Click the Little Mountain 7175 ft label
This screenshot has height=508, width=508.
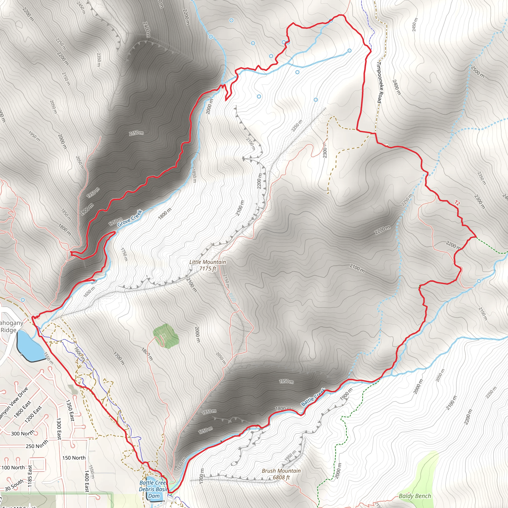[x=207, y=265]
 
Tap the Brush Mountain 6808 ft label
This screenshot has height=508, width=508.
[x=281, y=474]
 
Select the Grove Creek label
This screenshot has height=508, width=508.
[x=130, y=218]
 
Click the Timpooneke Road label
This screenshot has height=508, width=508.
[x=380, y=82]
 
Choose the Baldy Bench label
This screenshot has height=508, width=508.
[x=415, y=496]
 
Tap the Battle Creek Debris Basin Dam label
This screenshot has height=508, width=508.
[x=154, y=489]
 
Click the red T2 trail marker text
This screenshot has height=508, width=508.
[x=457, y=203]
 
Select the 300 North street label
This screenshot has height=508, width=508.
[x=23, y=433]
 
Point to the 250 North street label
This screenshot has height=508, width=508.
[x=37, y=444]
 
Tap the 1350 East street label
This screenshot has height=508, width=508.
[x=70, y=410]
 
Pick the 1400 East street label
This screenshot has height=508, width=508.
[x=87, y=481]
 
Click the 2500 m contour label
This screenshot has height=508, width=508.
[x=477, y=72]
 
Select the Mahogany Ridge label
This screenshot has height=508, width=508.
[x=10, y=326]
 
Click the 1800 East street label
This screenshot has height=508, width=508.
[x=22, y=409]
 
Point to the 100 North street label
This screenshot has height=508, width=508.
[x=13, y=468]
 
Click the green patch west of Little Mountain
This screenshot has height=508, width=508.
[x=166, y=336]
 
